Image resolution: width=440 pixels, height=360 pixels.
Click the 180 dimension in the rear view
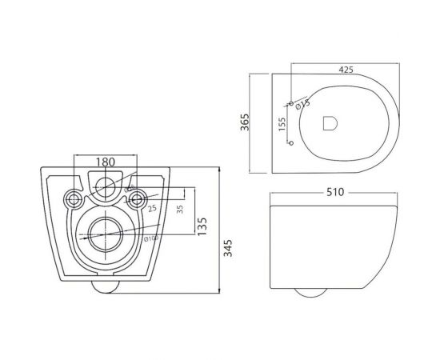coord(106,162)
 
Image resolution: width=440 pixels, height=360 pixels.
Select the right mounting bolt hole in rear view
coord(137,198)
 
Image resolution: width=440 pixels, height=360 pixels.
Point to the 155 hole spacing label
coord(282,125)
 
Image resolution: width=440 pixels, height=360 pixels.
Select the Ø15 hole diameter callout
coord(302,102)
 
